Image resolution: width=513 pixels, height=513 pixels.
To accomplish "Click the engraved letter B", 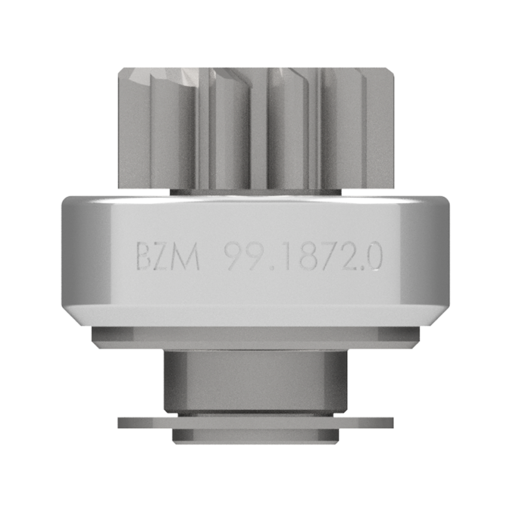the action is pos(144,255).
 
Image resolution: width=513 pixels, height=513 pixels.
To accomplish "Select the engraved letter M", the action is pos(187,256).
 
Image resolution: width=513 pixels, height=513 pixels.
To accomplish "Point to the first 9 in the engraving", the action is pos(237,256).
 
